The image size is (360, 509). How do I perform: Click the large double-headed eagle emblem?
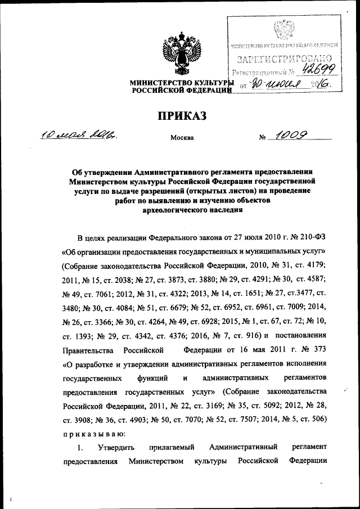tap(179, 53)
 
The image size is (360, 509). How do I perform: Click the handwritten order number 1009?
tap(290, 135)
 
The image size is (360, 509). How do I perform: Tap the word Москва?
tap(181, 137)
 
